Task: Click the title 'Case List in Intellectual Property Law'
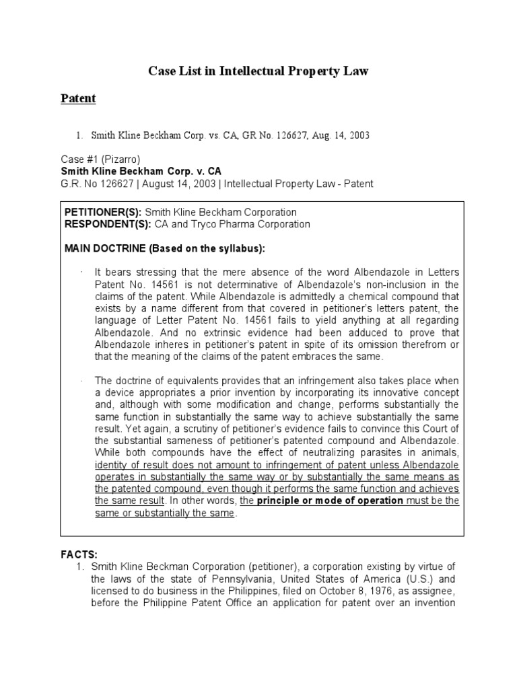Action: click(258, 71)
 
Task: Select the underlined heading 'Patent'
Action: click(78, 99)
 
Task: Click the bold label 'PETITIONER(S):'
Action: click(103, 212)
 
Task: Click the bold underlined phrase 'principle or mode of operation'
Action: click(331, 501)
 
